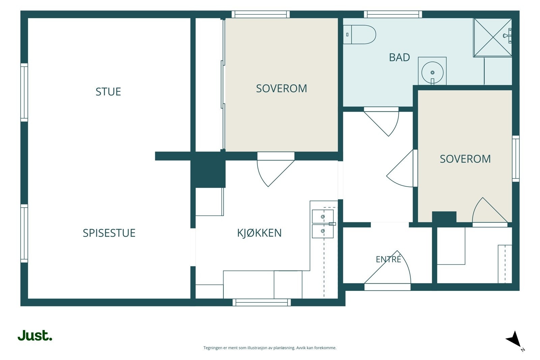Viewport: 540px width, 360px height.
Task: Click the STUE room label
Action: (108, 92)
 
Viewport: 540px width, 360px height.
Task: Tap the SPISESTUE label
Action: (109, 233)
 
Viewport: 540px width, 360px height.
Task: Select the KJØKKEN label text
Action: (260, 233)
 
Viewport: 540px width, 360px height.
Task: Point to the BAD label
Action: (400, 57)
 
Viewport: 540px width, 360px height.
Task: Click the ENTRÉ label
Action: (388, 259)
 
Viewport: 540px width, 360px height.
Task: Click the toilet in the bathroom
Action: (359, 34)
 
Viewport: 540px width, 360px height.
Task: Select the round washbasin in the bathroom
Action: (432, 72)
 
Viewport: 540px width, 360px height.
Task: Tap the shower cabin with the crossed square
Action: (492, 37)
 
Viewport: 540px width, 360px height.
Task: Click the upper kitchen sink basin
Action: (323, 216)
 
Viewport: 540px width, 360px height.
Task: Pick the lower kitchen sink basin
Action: (323, 231)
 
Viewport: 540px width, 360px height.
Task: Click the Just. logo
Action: (35, 335)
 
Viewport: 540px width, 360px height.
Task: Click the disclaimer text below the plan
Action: (270, 348)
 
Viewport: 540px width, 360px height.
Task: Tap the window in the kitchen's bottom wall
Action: (262, 302)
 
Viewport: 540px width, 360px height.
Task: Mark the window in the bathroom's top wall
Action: (393, 14)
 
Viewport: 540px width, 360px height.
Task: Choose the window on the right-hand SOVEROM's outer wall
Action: (516, 159)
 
